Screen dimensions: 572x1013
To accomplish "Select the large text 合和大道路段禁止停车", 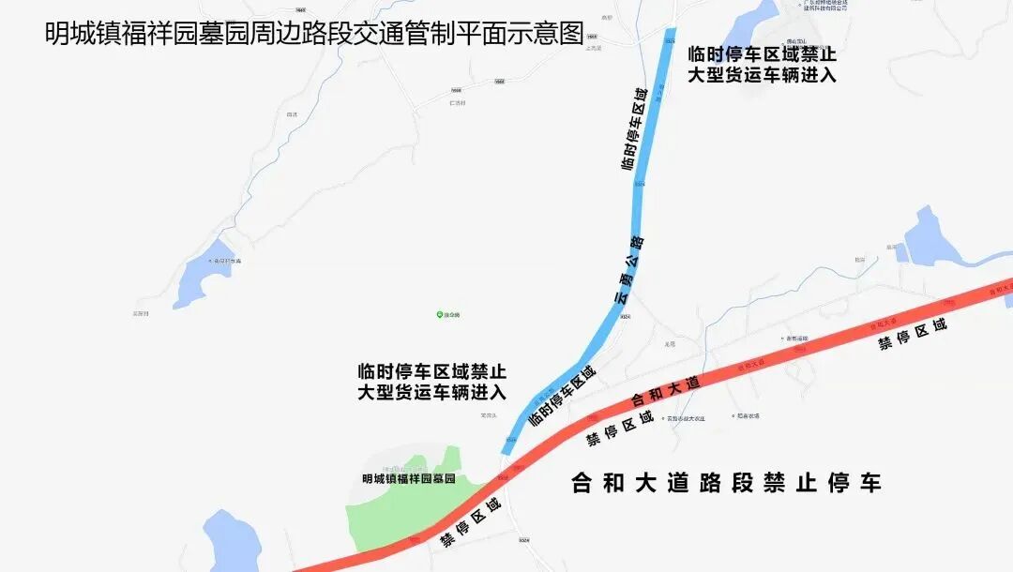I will click(x=727, y=484).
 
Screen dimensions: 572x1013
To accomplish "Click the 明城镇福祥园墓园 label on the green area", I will click(x=408, y=478).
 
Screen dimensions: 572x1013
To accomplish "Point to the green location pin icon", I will click(x=438, y=314).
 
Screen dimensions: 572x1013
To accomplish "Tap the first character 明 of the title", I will click(x=56, y=33).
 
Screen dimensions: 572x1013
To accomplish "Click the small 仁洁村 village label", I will click(x=458, y=102).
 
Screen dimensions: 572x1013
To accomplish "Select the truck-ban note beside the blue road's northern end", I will click(x=762, y=64).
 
